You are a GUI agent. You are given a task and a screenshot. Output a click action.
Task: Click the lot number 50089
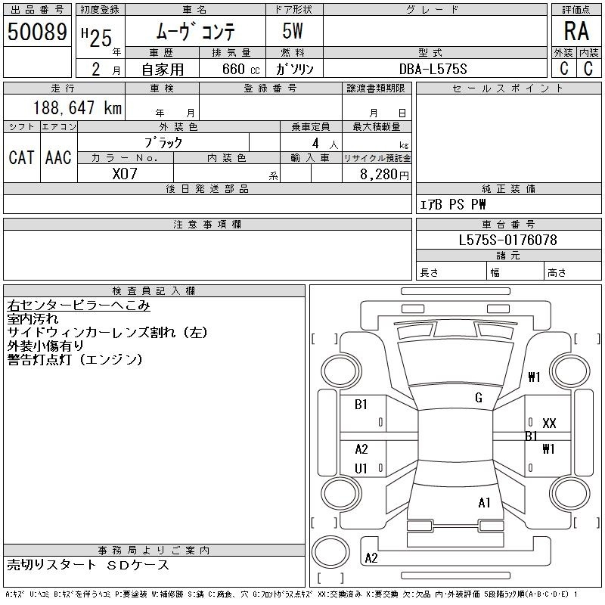37,32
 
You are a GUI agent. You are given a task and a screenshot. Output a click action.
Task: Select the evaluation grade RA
576,32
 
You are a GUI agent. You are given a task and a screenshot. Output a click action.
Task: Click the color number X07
125,173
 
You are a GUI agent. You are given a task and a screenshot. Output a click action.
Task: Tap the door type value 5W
294,32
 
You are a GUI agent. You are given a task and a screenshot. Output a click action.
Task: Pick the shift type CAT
21,157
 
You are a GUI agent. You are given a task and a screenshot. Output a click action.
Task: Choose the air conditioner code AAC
58,157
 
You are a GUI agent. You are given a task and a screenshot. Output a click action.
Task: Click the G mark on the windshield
479,398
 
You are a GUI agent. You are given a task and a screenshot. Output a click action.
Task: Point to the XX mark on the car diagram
550,423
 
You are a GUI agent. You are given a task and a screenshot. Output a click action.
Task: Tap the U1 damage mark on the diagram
361,469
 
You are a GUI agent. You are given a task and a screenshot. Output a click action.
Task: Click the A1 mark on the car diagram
485,502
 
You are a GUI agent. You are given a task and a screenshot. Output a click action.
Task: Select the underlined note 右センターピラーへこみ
79,306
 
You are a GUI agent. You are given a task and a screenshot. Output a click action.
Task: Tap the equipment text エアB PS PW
453,204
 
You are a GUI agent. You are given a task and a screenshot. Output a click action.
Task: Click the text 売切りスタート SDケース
88,565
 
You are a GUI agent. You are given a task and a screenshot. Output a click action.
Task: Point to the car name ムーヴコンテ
195,32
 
